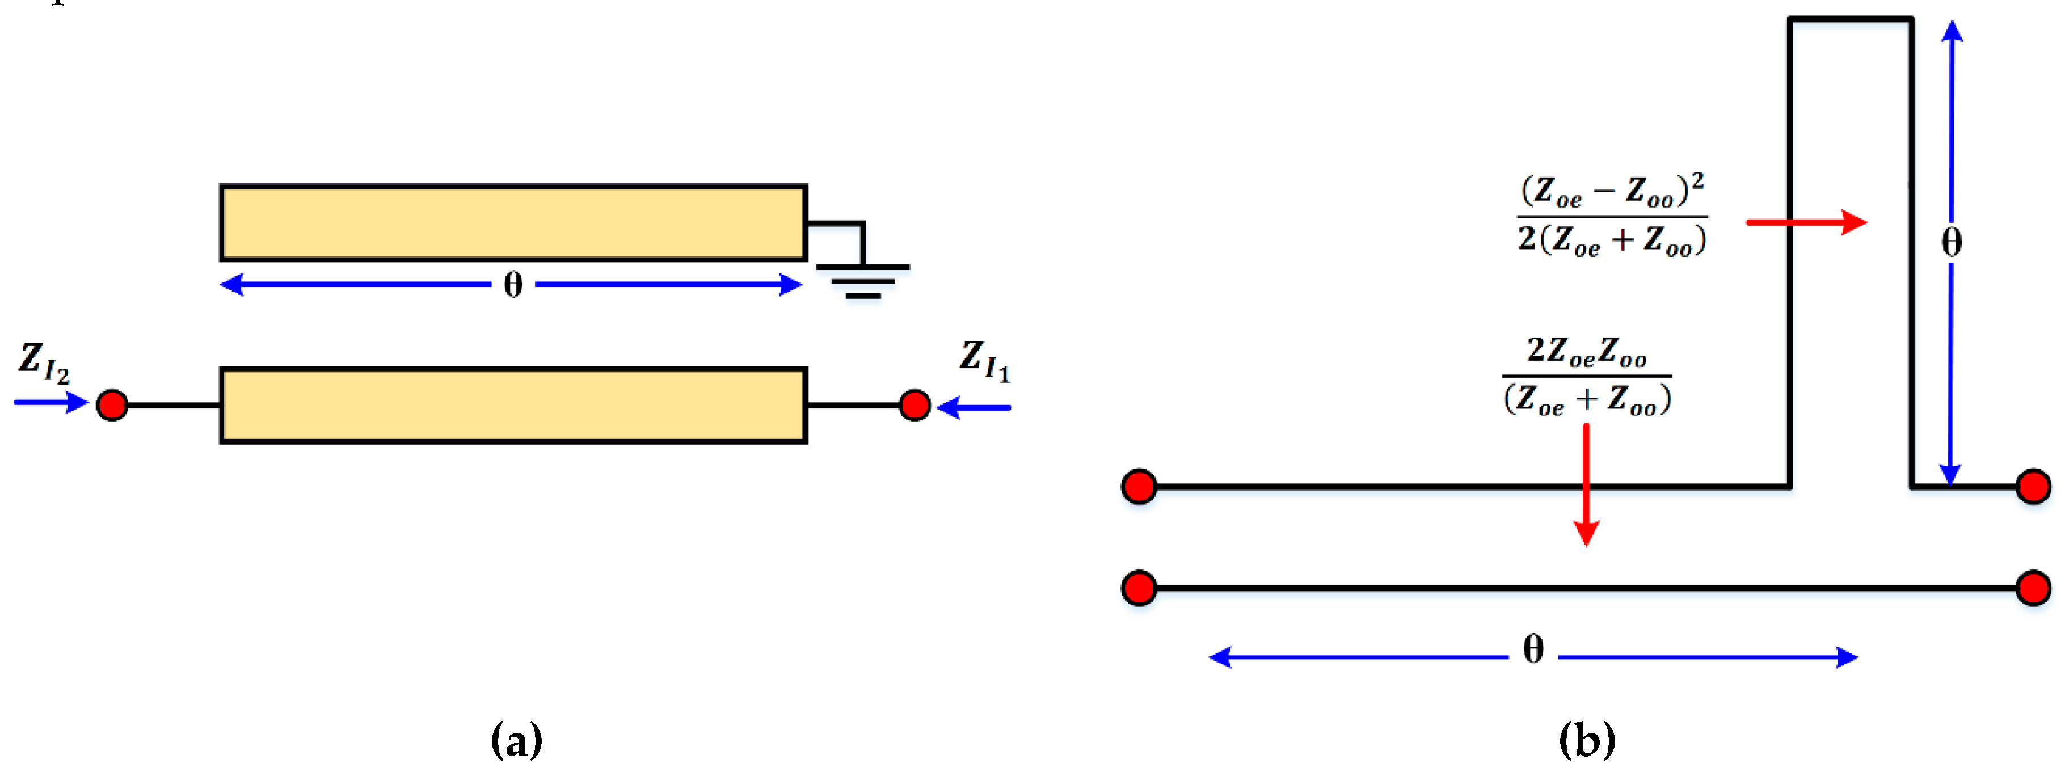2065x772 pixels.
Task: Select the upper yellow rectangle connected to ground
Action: (x=513, y=223)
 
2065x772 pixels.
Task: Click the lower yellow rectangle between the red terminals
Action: (x=513, y=406)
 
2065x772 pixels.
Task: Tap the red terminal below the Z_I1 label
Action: (x=914, y=405)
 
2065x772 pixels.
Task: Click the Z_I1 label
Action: (x=984, y=360)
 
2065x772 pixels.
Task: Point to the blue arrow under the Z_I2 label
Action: (x=50, y=402)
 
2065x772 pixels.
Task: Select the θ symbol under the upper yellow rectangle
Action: (x=513, y=285)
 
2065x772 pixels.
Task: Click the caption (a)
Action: (x=516, y=739)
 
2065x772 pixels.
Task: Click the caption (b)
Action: (x=1586, y=739)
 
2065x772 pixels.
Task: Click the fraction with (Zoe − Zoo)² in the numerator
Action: (x=1612, y=216)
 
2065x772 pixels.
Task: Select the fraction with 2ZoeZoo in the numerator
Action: (x=1586, y=375)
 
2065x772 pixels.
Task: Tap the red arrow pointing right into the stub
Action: (x=1806, y=222)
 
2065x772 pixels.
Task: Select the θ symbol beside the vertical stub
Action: (x=1951, y=242)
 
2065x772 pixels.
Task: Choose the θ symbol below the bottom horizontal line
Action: (x=1533, y=649)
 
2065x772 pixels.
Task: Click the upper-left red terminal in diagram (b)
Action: (x=1139, y=487)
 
